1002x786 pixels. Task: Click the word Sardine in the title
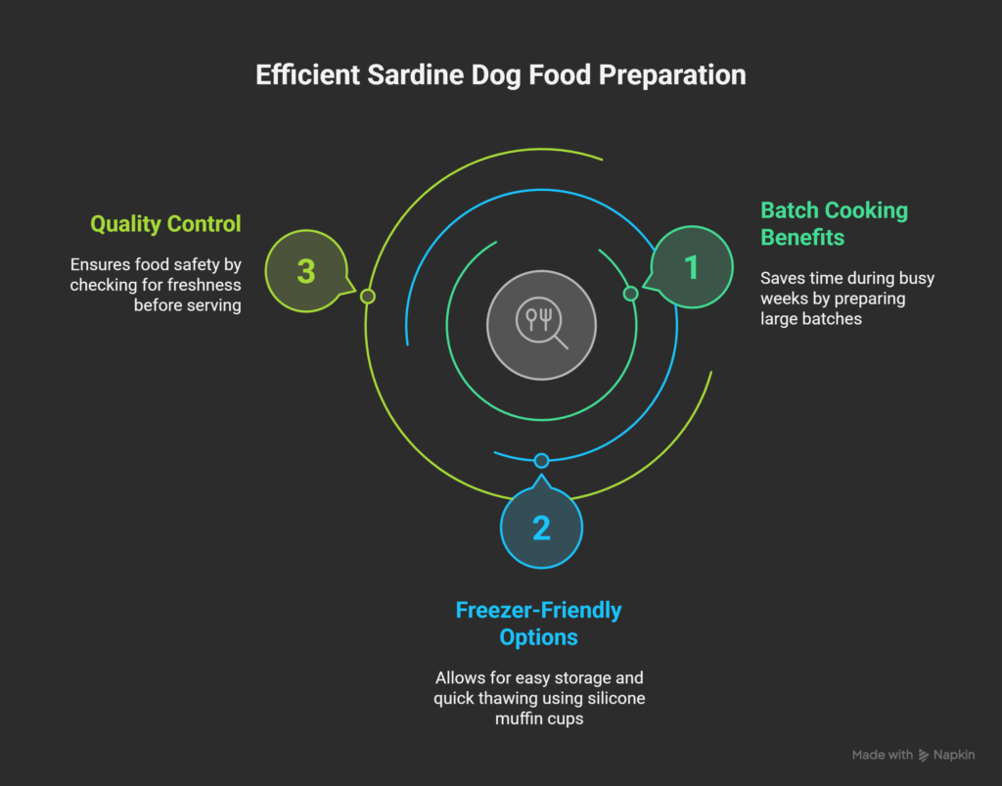415,74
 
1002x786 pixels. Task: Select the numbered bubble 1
691,267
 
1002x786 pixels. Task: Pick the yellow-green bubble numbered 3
306,271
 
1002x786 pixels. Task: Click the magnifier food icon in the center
541,324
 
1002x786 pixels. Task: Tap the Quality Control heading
165,224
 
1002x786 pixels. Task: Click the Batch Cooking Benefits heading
834,223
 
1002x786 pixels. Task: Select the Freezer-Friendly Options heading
539,624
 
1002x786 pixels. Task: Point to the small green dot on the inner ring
631,294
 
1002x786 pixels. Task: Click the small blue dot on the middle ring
541,460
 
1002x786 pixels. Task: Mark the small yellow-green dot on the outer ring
368,296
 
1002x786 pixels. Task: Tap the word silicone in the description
615,699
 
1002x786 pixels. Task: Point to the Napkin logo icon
924,756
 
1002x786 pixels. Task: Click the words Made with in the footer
882,755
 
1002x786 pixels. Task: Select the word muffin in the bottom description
515,718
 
